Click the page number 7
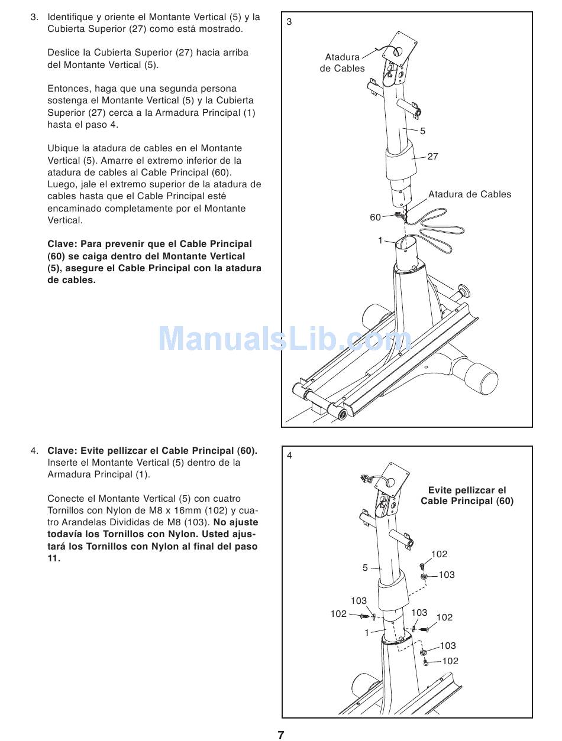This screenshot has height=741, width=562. (281, 734)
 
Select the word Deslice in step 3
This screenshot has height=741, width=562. (64, 53)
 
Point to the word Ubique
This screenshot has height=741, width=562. (63, 148)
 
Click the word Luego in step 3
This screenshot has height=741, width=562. (62, 184)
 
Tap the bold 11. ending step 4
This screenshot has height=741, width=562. (54, 558)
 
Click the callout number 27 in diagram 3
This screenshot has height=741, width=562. (432, 157)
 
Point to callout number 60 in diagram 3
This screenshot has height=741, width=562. (375, 217)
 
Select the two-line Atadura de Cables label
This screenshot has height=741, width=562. (342, 63)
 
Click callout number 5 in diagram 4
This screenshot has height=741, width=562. (365, 568)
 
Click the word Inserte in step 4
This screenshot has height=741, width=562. (64, 463)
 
